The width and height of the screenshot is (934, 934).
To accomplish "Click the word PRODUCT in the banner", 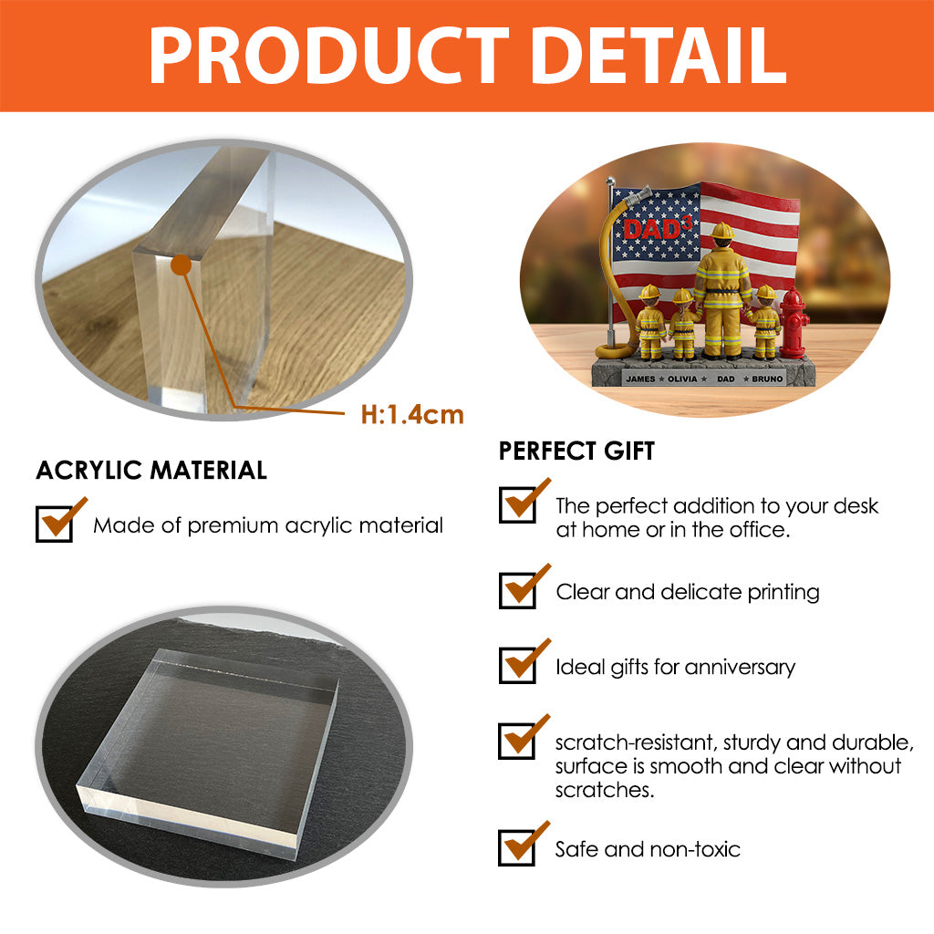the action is [x=328, y=56].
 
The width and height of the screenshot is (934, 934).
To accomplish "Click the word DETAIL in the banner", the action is [x=659, y=56].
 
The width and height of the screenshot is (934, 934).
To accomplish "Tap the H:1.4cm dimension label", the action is [x=412, y=415].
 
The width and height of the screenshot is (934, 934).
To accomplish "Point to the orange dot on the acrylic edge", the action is [x=181, y=265].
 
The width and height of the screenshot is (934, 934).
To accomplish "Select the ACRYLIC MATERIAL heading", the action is [x=151, y=470].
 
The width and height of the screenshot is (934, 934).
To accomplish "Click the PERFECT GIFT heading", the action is [x=576, y=451].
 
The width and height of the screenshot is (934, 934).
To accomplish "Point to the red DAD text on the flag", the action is [x=653, y=229].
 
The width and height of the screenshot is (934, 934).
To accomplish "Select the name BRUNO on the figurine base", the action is [x=767, y=379].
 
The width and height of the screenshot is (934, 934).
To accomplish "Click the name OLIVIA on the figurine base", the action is [x=682, y=379].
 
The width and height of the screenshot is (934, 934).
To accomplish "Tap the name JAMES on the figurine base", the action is [x=640, y=379].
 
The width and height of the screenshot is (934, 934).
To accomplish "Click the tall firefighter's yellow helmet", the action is [x=722, y=230].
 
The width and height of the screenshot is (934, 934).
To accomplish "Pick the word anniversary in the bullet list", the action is [x=740, y=667].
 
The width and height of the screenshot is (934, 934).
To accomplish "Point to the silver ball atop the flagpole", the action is [x=610, y=181].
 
